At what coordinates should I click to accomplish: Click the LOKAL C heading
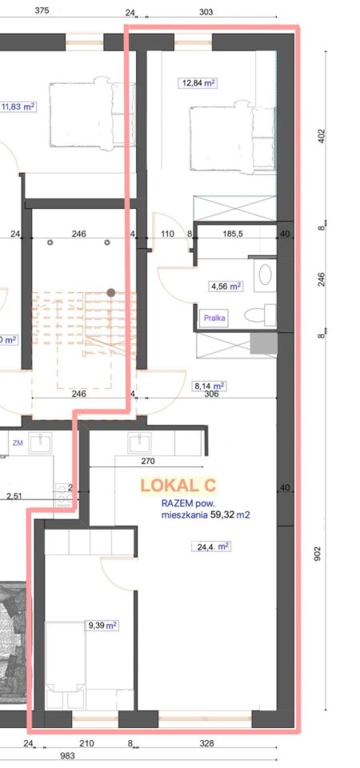[x=178, y=486]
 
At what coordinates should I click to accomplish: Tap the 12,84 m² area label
[x=198, y=82]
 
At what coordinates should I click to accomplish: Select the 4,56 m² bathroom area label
[x=225, y=286]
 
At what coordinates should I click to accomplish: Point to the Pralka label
[x=215, y=318]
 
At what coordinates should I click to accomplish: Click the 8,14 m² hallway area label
[x=208, y=386]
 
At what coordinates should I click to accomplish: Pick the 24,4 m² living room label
[x=210, y=546]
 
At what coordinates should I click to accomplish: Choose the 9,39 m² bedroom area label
[x=102, y=625]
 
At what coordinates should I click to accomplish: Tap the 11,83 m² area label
[x=18, y=106]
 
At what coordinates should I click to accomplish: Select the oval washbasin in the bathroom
[x=266, y=274]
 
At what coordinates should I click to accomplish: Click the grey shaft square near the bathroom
[x=263, y=343]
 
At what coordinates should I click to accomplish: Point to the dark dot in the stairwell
[x=111, y=293]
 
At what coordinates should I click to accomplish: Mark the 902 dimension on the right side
[x=321, y=553]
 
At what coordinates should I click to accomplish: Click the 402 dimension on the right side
[x=321, y=135]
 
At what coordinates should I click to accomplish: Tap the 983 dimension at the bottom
[x=67, y=756]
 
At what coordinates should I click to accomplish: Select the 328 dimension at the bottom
[x=206, y=743]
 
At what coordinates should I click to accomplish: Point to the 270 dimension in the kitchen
[x=148, y=461]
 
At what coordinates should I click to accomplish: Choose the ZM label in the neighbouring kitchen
[x=18, y=442]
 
